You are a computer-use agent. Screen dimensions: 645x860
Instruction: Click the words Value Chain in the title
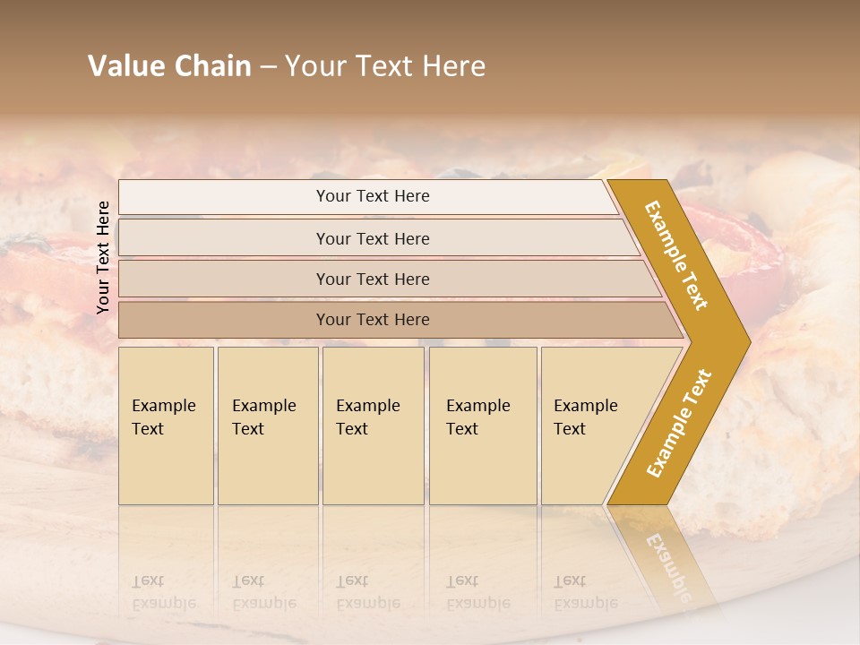169,66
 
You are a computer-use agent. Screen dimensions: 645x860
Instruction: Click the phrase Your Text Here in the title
385,66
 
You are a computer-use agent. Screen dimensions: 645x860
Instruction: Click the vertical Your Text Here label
103,257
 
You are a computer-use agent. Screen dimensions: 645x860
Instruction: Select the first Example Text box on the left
166,426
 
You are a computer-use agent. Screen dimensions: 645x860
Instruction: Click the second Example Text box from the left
268,426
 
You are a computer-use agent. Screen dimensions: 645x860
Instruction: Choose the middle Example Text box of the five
373,426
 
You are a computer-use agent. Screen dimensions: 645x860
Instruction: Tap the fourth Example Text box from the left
483,426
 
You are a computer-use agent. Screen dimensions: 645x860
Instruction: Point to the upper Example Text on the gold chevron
677,255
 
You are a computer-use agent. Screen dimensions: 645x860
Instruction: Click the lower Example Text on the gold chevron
679,424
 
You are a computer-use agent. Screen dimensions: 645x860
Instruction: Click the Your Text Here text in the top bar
373,196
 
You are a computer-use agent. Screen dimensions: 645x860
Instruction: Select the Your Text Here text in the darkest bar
373,320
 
